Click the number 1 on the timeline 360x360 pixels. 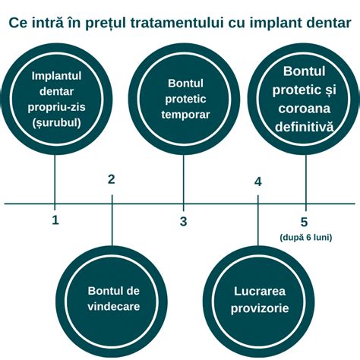coord(55,220)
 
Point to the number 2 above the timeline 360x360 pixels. coord(112,179)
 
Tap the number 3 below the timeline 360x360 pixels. coord(183,221)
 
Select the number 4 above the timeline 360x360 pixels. coord(258,182)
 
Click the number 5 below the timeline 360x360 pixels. coord(305,222)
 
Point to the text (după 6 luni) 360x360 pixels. coord(305,238)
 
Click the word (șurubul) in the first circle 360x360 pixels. coord(55,122)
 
